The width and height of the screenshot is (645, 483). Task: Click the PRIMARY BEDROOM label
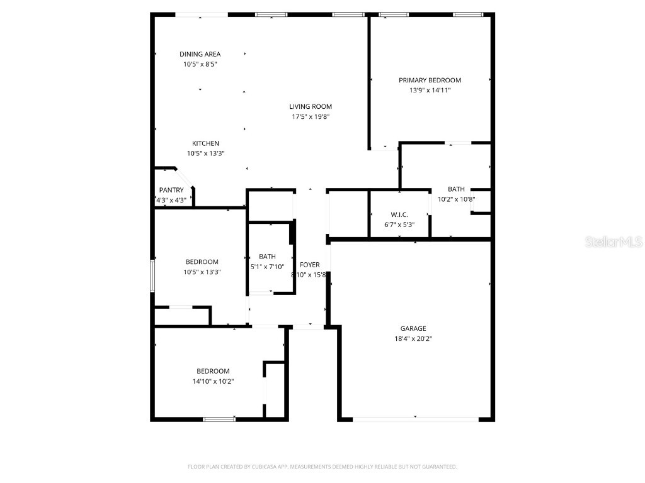pos(430,80)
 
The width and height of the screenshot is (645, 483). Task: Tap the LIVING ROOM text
pos(311,106)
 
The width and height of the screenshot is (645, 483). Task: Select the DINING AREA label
pos(200,54)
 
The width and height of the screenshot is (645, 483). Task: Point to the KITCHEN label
pos(205,143)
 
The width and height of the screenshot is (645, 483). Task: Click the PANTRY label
pos(171,190)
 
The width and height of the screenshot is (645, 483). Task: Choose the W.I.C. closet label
pos(399,214)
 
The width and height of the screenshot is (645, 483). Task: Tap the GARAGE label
pos(413,328)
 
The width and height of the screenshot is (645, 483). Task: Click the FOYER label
pos(309,265)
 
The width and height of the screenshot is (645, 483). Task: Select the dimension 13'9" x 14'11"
pos(430,90)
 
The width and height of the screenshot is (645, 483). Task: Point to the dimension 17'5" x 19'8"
pos(311,116)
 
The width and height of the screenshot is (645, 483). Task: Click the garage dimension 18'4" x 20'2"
pos(413,338)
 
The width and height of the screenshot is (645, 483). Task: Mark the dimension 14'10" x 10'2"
pos(213,381)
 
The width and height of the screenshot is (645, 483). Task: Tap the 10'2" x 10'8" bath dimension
pos(456,199)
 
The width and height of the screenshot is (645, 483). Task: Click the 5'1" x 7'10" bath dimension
pos(268,266)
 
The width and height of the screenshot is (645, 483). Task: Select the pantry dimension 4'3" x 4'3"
pos(171,200)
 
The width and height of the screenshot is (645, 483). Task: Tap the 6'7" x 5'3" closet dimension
pos(399,225)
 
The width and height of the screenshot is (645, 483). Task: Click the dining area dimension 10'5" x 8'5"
pos(200,64)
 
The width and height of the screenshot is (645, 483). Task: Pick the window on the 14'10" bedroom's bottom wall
pos(219,418)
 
